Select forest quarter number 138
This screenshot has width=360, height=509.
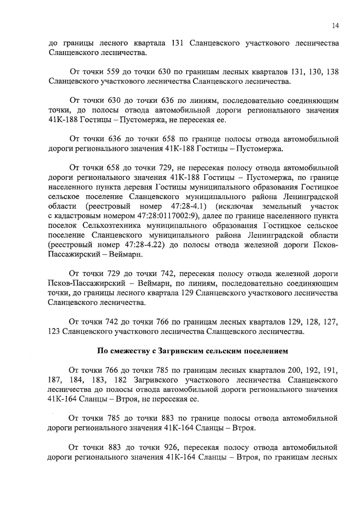click(x=331, y=72)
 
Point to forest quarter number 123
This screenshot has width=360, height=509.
click(x=56, y=332)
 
